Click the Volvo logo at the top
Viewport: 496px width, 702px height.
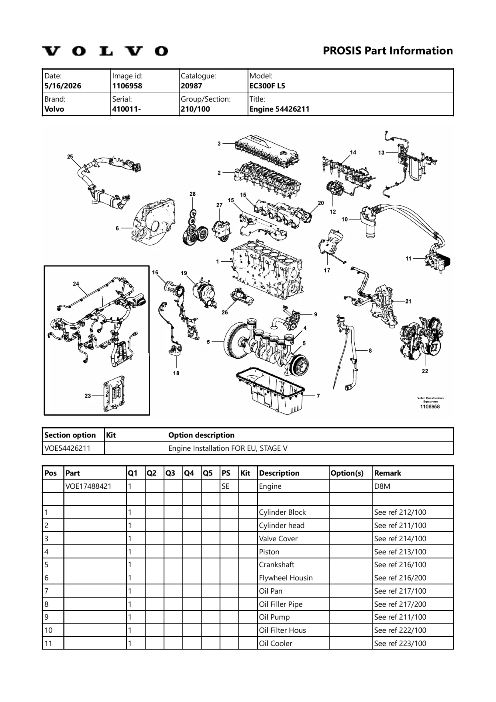click(x=106, y=51)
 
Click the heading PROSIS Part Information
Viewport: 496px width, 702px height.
click(x=388, y=51)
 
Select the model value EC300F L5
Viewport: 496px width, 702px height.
click(x=267, y=86)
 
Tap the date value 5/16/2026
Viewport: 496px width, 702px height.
click(x=63, y=86)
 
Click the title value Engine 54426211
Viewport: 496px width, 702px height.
click(x=279, y=109)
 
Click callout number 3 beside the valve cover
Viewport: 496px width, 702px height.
click(x=219, y=144)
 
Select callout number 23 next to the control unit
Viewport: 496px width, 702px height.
click(x=88, y=396)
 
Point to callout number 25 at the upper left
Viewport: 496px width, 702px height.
click(x=70, y=156)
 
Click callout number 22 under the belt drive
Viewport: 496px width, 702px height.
click(x=425, y=371)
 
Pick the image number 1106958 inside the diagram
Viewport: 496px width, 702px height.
click(x=430, y=406)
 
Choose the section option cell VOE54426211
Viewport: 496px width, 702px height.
click(x=68, y=448)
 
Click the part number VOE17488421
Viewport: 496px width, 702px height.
click(x=89, y=486)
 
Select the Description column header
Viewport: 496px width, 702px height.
click(x=279, y=473)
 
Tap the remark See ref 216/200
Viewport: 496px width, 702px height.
click(x=400, y=578)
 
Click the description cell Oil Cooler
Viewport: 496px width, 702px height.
click(x=276, y=644)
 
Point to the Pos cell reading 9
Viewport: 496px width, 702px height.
click(x=46, y=617)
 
